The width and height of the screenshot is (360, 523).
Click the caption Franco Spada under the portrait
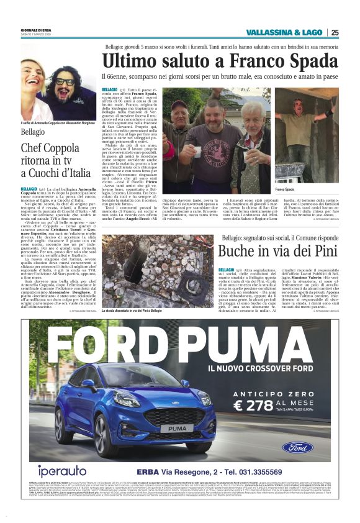[x=285, y=189]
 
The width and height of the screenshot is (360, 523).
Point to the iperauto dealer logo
[x=61, y=470]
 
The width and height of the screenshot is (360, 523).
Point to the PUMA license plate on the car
[x=176, y=429]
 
